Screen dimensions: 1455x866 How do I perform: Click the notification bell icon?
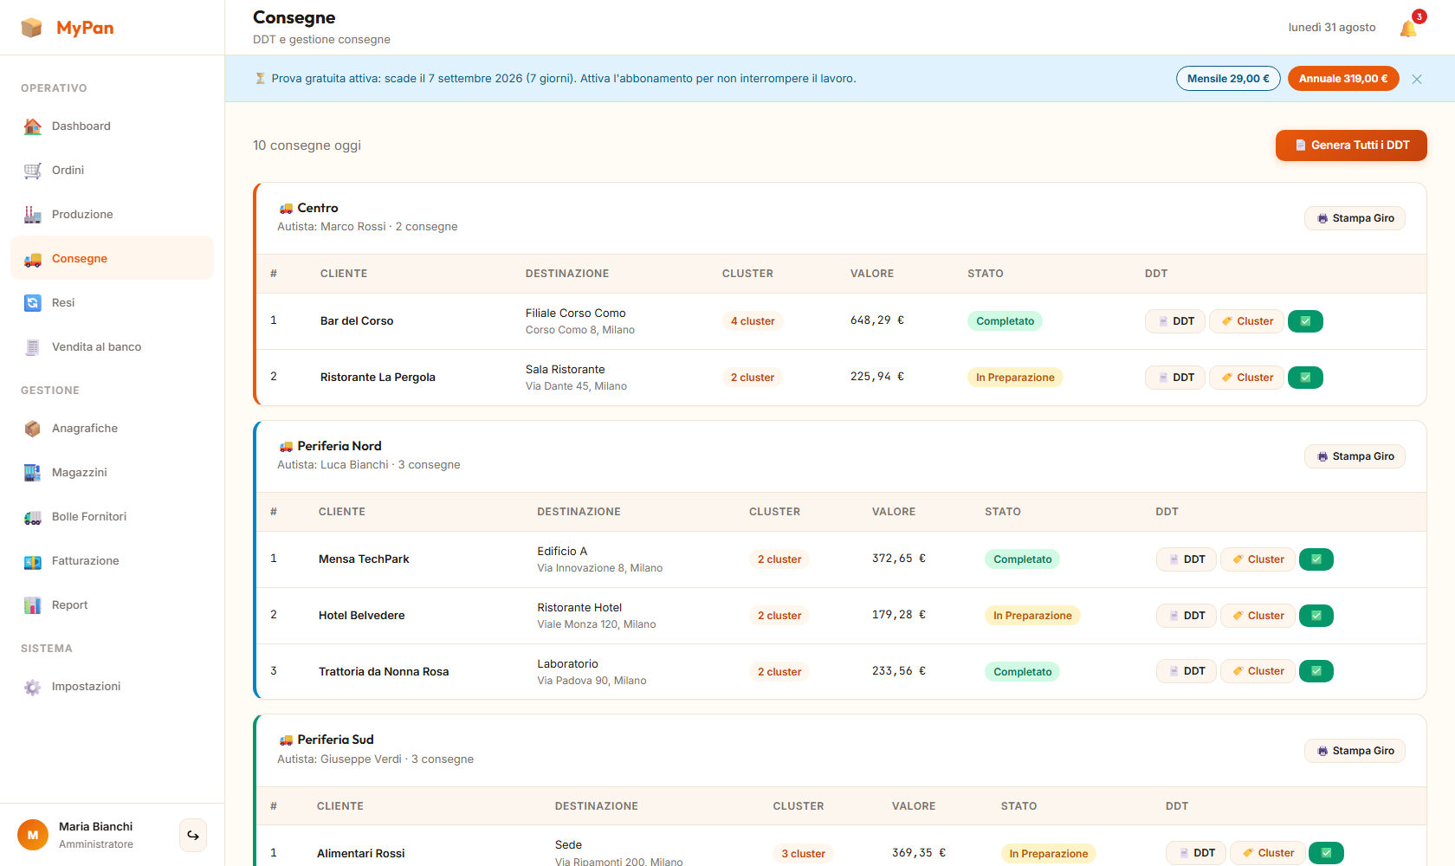pyautogui.click(x=1407, y=29)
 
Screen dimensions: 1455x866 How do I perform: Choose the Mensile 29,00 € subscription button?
pyautogui.click(x=1228, y=79)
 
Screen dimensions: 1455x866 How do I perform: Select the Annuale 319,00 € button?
pyautogui.click(x=1342, y=79)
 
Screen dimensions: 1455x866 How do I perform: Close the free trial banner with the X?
pyautogui.click(x=1417, y=80)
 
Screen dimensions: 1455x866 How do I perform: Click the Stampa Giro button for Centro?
pyautogui.click(x=1355, y=218)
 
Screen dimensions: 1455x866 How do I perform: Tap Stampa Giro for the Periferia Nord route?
pyautogui.click(x=1355, y=456)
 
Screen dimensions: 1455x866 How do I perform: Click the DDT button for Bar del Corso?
pyautogui.click(x=1175, y=321)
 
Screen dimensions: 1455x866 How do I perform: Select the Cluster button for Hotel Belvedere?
pyautogui.click(x=1258, y=616)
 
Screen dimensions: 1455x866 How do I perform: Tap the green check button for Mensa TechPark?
pyautogui.click(x=1316, y=559)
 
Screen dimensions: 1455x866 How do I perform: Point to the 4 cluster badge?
pyautogui.click(x=752, y=321)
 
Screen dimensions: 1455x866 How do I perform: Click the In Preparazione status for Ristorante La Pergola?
pyautogui.click(x=1015, y=378)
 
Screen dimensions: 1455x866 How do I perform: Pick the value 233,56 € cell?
pyautogui.click(x=898, y=671)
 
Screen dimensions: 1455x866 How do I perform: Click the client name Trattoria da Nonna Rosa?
pyautogui.click(x=383, y=672)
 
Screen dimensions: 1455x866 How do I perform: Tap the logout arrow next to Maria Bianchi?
pyautogui.click(x=193, y=836)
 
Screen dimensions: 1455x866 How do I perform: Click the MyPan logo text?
pyautogui.click(x=85, y=28)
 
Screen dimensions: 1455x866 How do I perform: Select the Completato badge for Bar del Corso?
pyautogui.click(x=1005, y=321)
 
